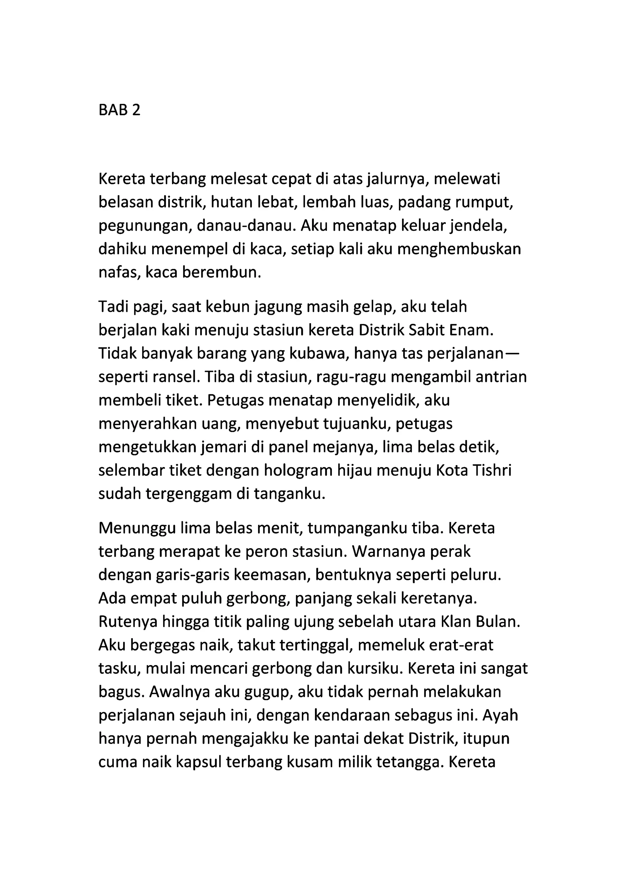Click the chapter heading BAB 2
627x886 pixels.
tap(119, 110)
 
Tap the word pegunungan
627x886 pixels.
tap(145, 226)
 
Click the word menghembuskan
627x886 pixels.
tap(459, 249)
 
